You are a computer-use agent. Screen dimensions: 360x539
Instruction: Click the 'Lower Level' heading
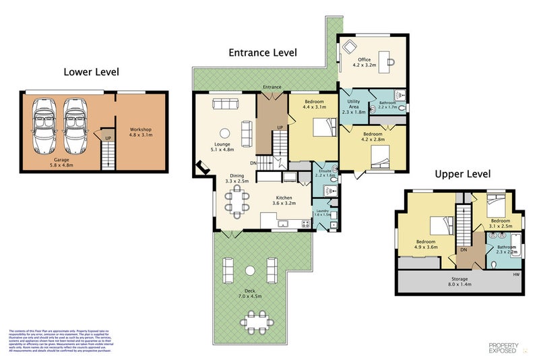coord(92,71)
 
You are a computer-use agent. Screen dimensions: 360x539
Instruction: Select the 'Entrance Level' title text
coord(262,53)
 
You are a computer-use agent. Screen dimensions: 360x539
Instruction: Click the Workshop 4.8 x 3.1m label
coord(141,132)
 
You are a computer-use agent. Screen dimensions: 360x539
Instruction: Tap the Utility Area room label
coord(354,107)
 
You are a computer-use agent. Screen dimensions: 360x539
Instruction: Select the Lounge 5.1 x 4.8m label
coord(222,147)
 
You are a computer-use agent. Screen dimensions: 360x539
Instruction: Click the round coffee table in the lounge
coord(225,133)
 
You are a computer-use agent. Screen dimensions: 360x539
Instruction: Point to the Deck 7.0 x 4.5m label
coord(250,293)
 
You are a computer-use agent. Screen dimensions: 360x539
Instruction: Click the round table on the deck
coord(250,270)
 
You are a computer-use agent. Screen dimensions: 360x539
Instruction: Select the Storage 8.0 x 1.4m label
coord(459,281)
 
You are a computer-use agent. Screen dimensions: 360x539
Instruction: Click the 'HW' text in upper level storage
coord(516,274)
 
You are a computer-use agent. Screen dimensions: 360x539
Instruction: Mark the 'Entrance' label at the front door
coord(272,87)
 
